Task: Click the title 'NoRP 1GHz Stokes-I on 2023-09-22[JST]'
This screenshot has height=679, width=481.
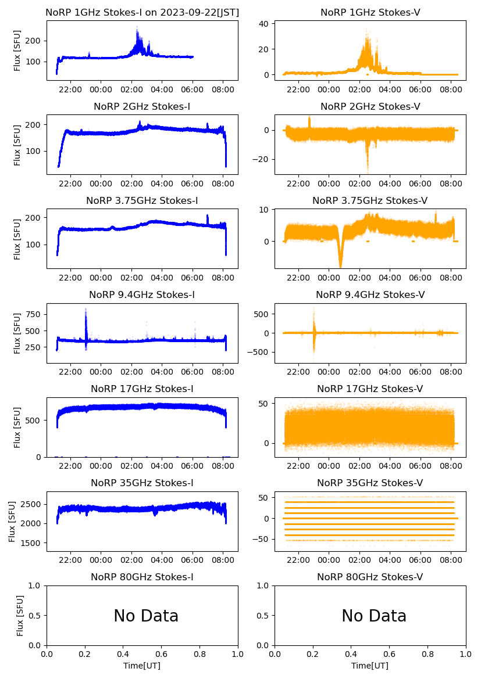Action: pos(142,12)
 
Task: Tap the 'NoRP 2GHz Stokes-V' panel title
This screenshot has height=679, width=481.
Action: pos(370,106)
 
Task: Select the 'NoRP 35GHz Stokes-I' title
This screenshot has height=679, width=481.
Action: pos(142,483)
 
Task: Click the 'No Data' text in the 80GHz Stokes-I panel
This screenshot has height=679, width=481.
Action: pos(146,616)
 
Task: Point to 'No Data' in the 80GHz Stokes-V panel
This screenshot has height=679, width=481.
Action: pos(374,616)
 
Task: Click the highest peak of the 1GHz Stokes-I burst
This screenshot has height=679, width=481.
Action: pos(137,28)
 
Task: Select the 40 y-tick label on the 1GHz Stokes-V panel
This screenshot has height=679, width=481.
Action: pos(262,24)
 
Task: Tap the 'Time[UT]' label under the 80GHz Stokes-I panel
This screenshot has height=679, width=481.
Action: pos(142,666)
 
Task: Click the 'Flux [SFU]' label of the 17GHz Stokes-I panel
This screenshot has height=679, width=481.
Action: pos(17,427)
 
